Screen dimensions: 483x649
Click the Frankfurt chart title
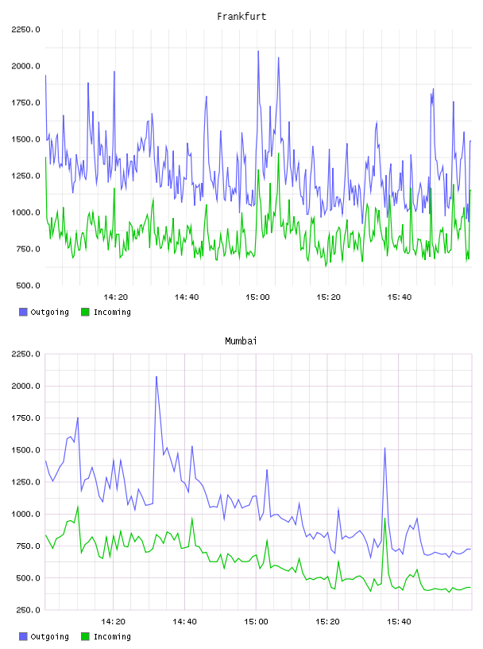click(241, 17)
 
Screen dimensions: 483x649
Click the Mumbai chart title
click(241, 341)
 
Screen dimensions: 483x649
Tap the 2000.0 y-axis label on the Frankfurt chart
click(25, 66)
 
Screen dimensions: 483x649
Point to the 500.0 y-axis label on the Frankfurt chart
click(28, 286)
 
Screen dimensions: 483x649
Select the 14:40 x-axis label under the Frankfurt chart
click(187, 297)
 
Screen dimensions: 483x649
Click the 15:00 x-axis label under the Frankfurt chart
click(257, 297)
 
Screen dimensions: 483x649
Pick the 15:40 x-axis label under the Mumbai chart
click(399, 622)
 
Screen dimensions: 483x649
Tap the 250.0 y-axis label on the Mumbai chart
click(28, 610)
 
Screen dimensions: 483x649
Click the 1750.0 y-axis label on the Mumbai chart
click(25, 418)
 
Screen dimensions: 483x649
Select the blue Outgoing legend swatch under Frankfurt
click(23, 312)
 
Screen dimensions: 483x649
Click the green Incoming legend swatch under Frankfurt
click(85, 312)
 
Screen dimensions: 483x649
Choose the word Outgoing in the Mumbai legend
click(49, 636)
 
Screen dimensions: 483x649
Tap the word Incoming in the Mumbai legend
click(112, 636)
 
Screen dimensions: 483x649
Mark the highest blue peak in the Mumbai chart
click(156, 377)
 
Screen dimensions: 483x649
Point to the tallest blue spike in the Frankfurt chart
click(258, 52)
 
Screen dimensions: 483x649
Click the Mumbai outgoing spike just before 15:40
click(384, 449)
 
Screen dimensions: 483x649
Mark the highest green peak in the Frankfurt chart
click(279, 154)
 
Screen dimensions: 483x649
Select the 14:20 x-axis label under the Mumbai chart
click(113, 622)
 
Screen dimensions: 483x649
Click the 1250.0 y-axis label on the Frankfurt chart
click(25, 176)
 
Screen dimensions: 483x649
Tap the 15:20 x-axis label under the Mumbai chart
click(327, 622)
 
